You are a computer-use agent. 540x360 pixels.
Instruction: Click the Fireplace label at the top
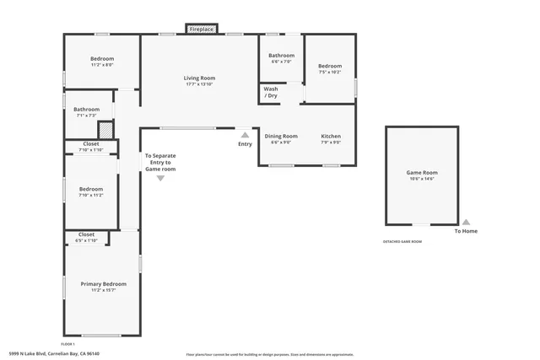click(201, 29)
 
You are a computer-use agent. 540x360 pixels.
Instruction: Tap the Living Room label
click(199, 78)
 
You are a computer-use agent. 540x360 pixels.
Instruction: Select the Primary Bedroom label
click(103, 284)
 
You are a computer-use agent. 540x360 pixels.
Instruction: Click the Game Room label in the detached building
click(422, 172)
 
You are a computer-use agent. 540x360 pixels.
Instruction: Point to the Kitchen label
click(331, 136)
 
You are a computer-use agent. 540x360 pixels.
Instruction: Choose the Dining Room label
click(281, 136)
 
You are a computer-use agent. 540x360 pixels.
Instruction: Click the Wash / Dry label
click(270, 92)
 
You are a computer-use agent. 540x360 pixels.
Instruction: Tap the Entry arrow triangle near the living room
click(245, 134)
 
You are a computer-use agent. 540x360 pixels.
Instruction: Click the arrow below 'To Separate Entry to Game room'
click(160, 178)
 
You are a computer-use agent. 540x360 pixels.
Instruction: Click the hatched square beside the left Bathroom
click(105, 131)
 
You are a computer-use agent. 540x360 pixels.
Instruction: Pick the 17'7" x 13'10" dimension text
click(199, 84)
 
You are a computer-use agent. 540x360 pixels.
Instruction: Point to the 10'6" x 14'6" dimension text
click(422, 179)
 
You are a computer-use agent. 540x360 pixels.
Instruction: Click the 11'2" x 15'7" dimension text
click(103, 291)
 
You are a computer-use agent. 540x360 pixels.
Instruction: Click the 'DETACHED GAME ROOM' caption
click(402, 242)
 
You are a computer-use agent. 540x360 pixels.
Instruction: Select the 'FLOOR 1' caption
click(67, 344)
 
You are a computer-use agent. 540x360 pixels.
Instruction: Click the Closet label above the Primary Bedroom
click(86, 234)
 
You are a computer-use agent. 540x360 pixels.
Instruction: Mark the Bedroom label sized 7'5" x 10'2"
click(330, 66)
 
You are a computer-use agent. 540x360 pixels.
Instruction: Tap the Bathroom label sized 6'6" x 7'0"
click(281, 56)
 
